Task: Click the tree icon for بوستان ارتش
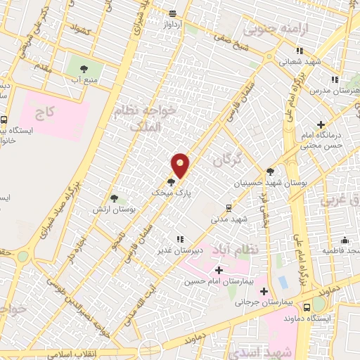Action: (115, 198)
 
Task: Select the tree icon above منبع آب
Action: (84, 69)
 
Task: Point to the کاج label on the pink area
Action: (46, 112)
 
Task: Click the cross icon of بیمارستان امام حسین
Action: (219, 270)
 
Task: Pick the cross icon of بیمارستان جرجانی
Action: (264, 290)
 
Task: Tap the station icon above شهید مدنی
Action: (229, 207)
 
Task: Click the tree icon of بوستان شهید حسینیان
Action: (271, 170)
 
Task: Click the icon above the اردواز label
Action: (173, 13)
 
